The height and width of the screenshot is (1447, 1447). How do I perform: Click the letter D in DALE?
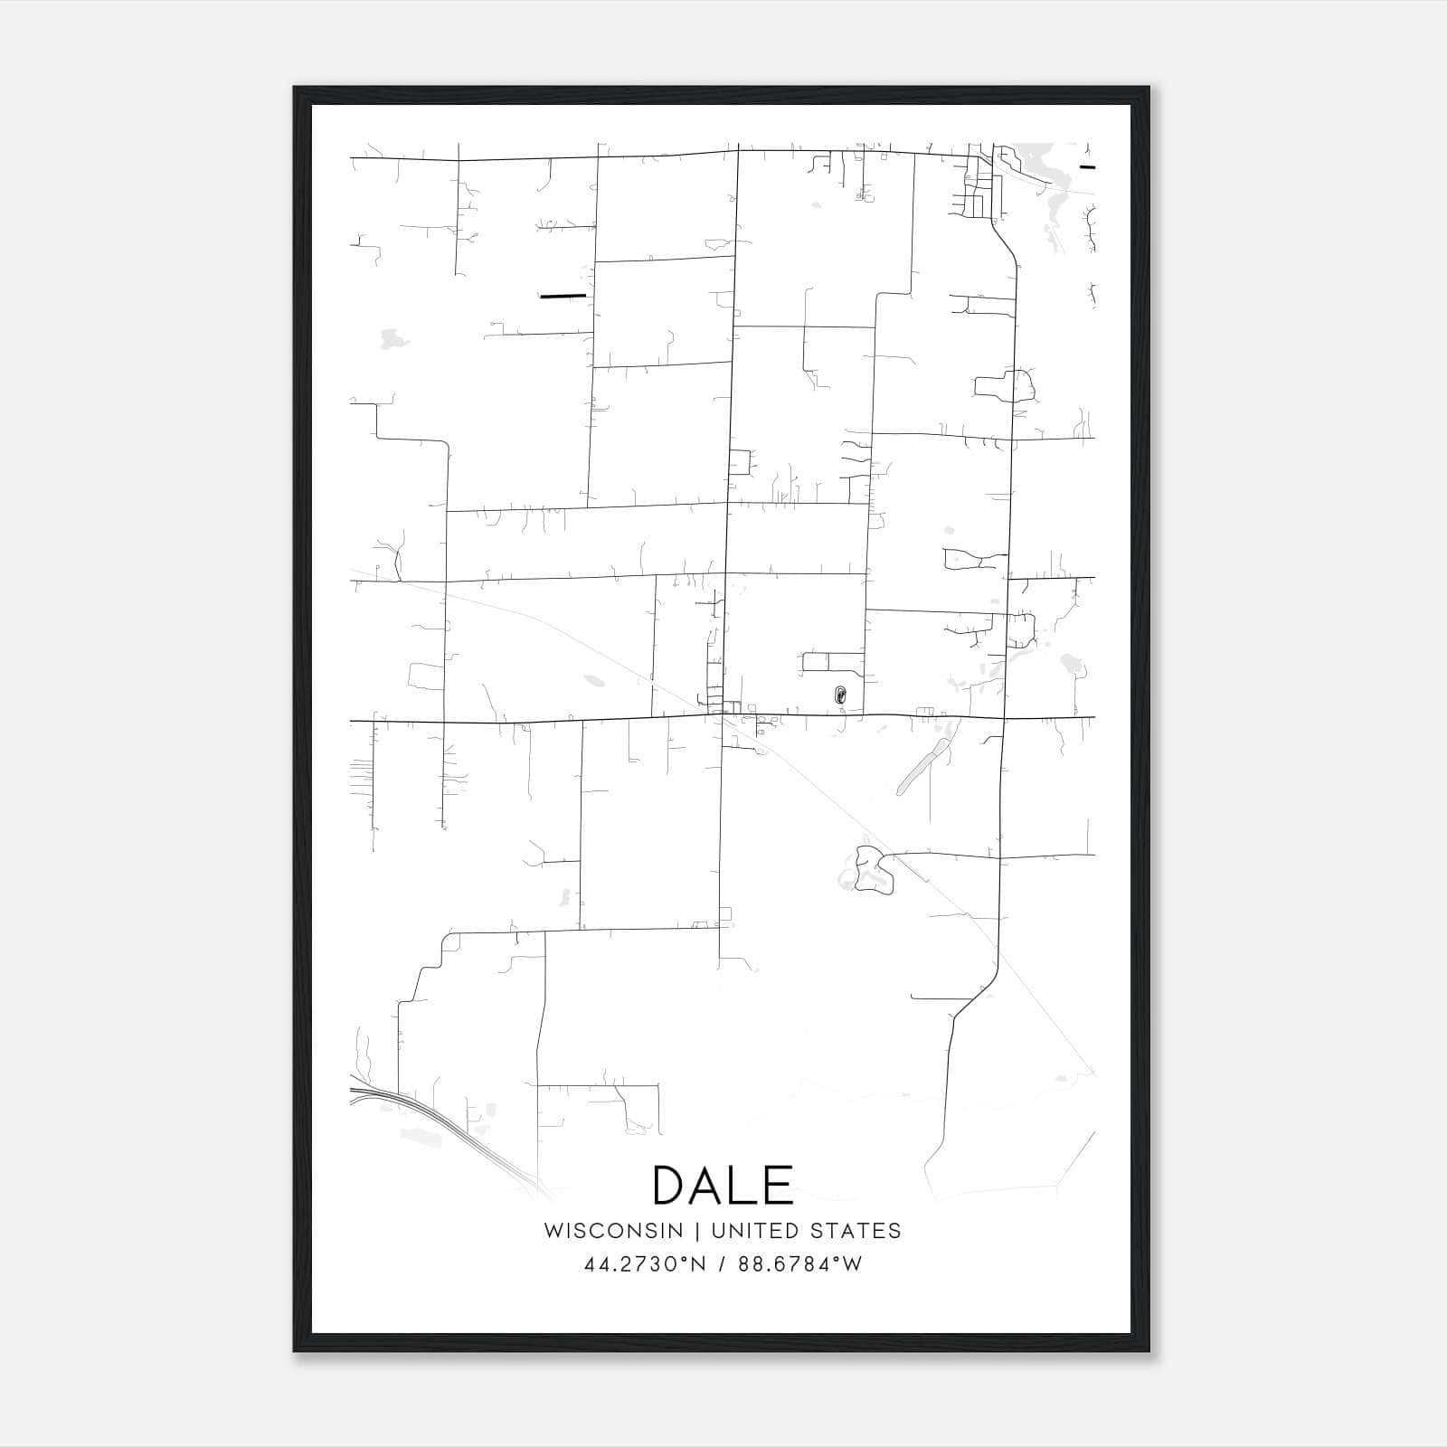(671, 1186)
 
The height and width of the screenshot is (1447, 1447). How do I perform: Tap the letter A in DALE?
(712, 1186)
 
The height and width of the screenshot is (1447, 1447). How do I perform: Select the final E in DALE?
(780, 1186)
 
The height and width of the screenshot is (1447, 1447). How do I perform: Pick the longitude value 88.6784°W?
(800, 1263)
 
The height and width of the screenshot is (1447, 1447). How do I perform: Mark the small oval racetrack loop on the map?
(840, 695)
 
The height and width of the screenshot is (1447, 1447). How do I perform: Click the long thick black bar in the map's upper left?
(563, 296)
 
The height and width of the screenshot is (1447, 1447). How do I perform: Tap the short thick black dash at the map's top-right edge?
(1087, 167)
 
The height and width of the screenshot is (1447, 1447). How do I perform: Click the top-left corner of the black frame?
(295, 88)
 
